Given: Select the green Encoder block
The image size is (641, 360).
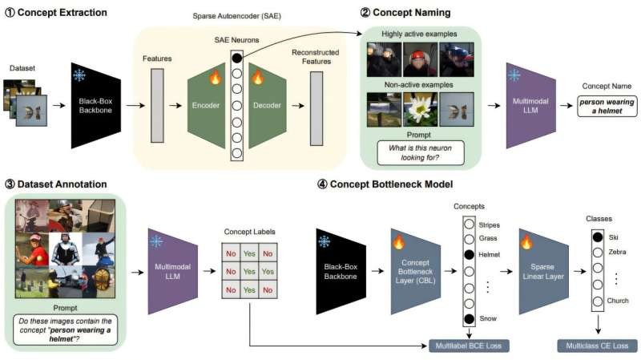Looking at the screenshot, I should pyautogui.click(x=208, y=103).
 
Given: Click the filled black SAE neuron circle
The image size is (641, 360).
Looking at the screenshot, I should pyautogui.click(x=236, y=58).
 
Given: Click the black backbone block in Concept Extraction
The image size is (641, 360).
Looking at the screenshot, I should pyautogui.click(x=96, y=104).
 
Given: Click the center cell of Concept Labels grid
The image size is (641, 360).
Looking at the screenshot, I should pyautogui.click(x=248, y=271).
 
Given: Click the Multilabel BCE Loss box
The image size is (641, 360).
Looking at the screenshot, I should pyautogui.click(x=470, y=346).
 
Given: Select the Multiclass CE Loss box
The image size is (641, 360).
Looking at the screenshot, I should pyautogui.click(x=597, y=346).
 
